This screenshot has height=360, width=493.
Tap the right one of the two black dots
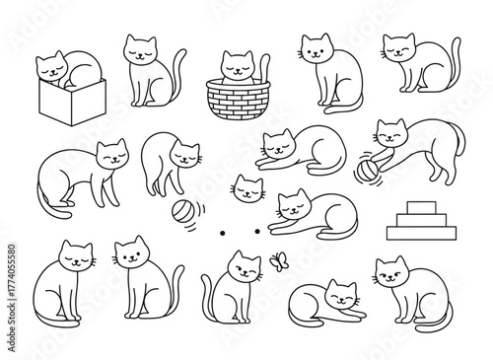pyautogui.click(x=257, y=231)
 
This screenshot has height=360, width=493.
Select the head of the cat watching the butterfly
pyautogui.click(x=241, y=264)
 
